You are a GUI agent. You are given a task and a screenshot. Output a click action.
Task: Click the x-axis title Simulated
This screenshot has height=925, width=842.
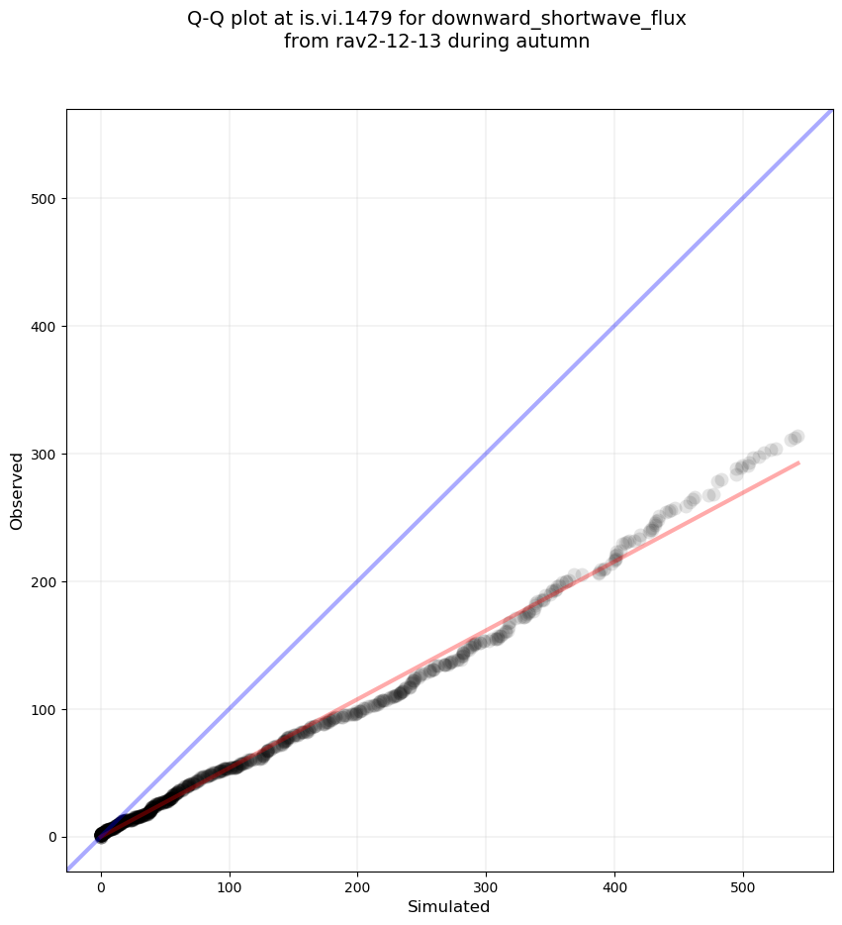tap(449, 906)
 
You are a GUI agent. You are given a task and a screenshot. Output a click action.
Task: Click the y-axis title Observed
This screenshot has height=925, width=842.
tap(17, 491)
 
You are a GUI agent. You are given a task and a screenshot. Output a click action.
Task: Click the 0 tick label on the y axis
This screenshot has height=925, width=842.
tap(51, 838)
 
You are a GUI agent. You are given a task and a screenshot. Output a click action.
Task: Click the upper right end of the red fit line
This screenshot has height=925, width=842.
tap(797, 462)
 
